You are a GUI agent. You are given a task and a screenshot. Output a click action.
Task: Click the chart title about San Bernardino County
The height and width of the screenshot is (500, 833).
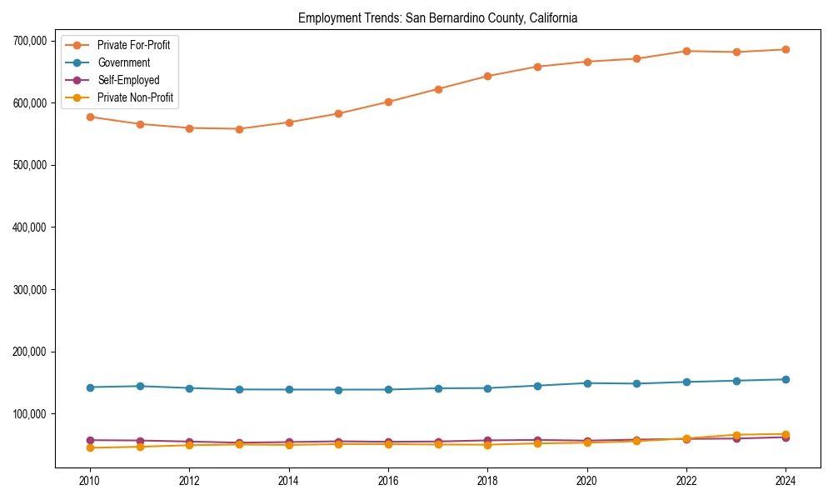(437, 17)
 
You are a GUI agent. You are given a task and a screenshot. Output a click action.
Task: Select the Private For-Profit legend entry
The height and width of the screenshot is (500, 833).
(133, 45)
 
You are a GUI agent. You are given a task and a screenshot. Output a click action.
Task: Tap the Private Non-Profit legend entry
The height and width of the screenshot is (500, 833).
(136, 97)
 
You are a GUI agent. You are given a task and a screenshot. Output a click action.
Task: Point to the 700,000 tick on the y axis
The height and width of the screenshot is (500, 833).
(29, 41)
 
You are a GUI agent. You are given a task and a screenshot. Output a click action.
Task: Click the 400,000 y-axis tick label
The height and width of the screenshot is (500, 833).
(29, 227)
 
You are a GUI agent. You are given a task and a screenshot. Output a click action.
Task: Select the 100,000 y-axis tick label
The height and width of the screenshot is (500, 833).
(29, 414)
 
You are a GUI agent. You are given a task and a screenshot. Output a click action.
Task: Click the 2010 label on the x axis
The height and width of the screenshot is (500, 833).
(90, 482)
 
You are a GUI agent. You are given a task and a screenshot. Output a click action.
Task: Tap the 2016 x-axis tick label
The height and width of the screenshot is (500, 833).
(388, 482)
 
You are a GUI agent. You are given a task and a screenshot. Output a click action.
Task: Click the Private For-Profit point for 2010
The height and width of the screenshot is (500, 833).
(90, 117)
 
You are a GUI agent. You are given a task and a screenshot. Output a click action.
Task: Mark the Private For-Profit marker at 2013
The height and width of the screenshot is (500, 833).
(239, 129)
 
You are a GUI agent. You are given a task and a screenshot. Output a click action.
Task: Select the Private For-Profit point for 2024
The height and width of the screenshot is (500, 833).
(786, 49)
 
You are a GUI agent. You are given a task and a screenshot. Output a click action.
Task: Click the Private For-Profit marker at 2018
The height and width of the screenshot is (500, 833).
(487, 76)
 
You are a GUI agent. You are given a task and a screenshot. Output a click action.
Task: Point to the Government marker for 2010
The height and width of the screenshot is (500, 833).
(90, 387)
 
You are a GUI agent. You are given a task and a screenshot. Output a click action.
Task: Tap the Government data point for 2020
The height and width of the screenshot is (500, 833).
(587, 383)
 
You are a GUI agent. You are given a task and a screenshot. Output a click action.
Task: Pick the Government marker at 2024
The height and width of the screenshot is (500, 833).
(786, 379)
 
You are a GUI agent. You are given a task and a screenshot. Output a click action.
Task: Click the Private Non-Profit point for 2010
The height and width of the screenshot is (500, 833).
(90, 447)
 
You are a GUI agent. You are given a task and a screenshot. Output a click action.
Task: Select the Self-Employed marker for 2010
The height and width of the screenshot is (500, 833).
(90, 440)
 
